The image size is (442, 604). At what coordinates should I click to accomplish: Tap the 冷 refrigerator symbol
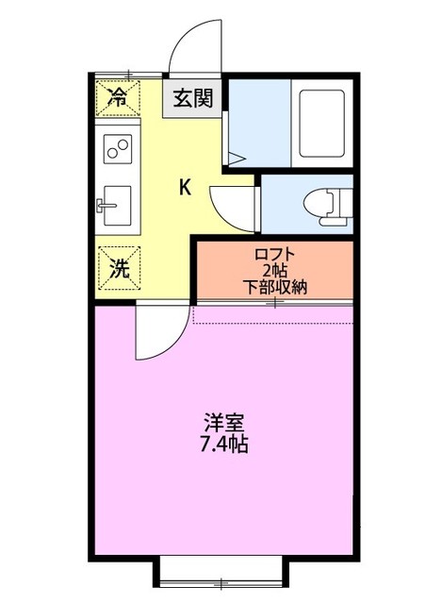coord(119,95)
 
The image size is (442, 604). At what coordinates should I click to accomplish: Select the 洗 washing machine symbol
coord(119,267)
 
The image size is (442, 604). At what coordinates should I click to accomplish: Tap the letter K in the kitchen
coord(186,187)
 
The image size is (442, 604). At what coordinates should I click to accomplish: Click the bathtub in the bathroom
coord(322,124)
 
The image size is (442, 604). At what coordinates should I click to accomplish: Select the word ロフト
coord(275,253)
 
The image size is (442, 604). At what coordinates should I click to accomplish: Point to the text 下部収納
coord(275,286)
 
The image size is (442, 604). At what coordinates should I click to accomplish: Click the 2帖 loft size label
coord(275,270)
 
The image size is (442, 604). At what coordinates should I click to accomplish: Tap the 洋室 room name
coord(223,422)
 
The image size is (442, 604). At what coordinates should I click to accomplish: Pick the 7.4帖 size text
coord(223,444)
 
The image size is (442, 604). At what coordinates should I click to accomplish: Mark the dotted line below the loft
coord(273,322)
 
